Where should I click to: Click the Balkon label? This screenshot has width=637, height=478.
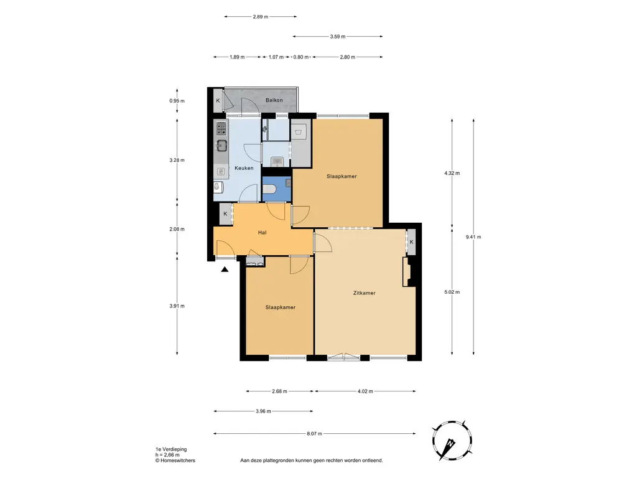[x=274, y=100]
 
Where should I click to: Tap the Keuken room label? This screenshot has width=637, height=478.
[x=244, y=168]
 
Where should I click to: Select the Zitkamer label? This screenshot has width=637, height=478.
[x=365, y=293]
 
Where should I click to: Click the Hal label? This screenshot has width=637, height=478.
[x=262, y=233]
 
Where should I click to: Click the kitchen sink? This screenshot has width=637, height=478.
[x=221, y=145]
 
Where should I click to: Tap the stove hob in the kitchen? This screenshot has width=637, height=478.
[x=221, y=128]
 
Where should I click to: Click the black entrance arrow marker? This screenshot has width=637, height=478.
[x=225, y=269]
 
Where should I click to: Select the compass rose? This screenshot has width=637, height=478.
[x=452, y=441]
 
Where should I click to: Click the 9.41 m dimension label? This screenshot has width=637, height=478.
[x=473, y=237]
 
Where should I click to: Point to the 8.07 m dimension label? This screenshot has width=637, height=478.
[x=314, y=434]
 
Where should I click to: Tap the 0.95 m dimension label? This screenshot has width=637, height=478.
[x=177, y=101]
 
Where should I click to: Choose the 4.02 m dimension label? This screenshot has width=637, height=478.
[x=365, y=391]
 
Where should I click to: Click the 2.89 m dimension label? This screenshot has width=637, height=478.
[x=261, y=17]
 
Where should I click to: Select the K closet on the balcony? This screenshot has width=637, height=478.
[x=218, y=100]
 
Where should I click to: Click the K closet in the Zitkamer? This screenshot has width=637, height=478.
[x=412, y=242]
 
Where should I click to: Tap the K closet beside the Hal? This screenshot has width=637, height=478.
[x=225, y=214]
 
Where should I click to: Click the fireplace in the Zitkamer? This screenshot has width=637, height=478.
[x=407, y=272]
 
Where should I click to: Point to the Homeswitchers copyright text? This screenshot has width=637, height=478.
[x=175, y=461]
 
